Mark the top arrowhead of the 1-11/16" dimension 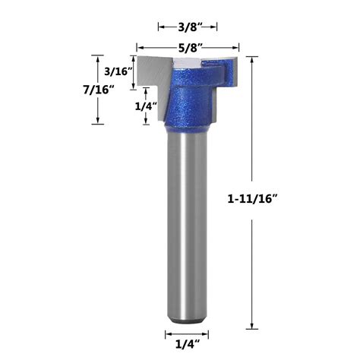(x=253, y=58)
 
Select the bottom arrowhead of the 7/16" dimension (x=97, y=122)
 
